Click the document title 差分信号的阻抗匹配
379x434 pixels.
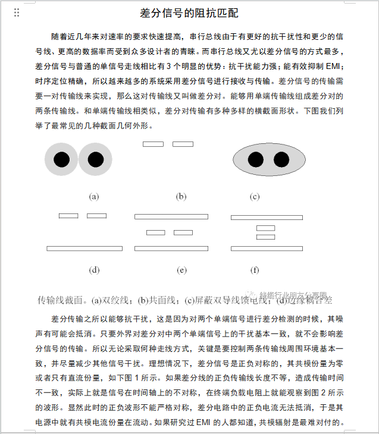pyautogui.click(x=189, y=13)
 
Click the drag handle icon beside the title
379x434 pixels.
pyautogui.click(x=17, y=12)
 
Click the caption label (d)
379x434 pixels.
pyautogui.click(x=94, y=270)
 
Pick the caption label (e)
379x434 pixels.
pyautogui.click(x=181, y=270)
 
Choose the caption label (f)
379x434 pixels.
pyautogui.click(x=255, y=270)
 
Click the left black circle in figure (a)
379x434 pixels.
pyautogui.click(x=61, y=160)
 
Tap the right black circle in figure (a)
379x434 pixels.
pyautogui.click(x=95, y=160)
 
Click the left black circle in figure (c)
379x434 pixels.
pyautogui.click(x=255, y=159)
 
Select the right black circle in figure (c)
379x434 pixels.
pyautogui.click(x=281, y=159)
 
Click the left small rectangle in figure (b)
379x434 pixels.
pyautogui.click(x=153, y=144)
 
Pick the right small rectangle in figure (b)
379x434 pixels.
pyautogui.click(x=183, y=144)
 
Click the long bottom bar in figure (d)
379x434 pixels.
pyautogui.click(x=84, y=248)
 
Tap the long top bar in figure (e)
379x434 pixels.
pyautogui.click(x=171, y=216)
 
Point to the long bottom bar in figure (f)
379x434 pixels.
pyautogui.click(x=267, y=248)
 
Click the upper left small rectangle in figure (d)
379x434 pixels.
pyautogui.click(x=68, y=215)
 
